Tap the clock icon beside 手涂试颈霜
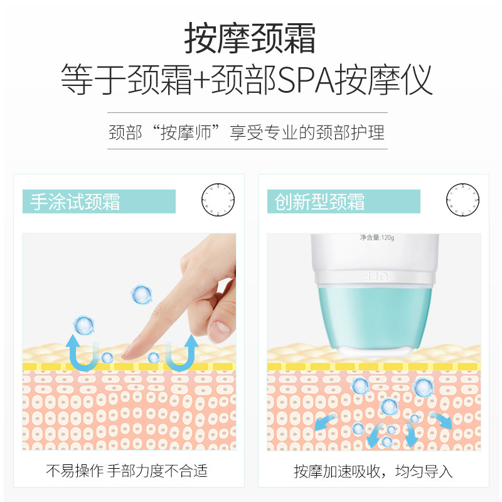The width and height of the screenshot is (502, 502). point(217,200)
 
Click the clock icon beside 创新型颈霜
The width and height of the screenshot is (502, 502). point(462,200)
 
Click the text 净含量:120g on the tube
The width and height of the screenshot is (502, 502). point(376,238)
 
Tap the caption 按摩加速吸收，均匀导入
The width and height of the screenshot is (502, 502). point(373,471)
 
